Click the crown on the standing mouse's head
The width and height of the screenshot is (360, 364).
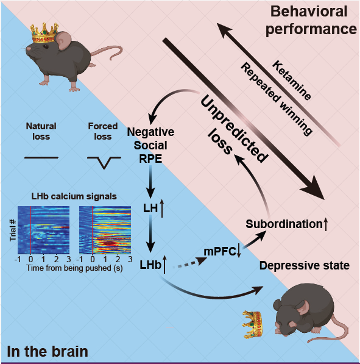(x=44, y=33)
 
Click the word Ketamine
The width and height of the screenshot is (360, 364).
(x=292, y=80)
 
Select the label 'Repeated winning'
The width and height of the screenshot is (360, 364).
(x=277, y=99)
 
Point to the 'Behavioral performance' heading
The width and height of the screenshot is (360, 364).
(x=311, y=20)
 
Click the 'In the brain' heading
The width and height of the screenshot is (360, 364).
(x=48, y=351)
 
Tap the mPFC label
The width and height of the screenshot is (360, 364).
(x=219, y=251)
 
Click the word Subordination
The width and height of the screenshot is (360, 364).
(x=284, y=224)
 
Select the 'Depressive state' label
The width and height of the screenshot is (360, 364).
(x=305, y=265)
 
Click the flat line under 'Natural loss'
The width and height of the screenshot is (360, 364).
(x=41, y=158)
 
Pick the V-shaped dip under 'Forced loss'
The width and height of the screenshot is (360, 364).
(x=104, y=162)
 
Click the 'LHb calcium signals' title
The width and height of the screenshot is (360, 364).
(x=74, y=196)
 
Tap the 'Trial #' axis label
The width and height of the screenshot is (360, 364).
(x=13, y=230)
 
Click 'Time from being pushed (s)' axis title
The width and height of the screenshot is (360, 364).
(x=74, y=268)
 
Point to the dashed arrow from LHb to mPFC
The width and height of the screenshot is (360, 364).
(x=190, y=263)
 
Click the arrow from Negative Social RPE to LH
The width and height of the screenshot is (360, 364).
(x=150, y=182)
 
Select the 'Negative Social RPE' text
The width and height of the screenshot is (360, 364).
(x=150, y=145)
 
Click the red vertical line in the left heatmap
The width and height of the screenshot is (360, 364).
(x=31, y=230)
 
